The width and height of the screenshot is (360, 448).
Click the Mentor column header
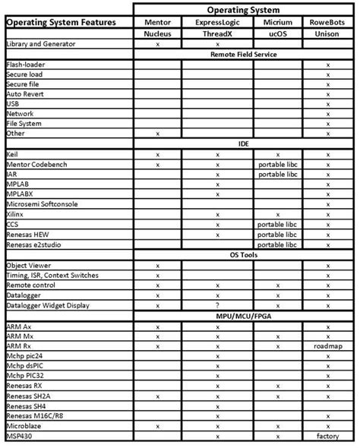pos(157,23)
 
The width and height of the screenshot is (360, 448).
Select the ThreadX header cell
pos(217,34)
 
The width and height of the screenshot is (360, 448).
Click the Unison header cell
pos(327,34)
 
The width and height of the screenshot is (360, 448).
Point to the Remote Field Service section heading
pos(244,55)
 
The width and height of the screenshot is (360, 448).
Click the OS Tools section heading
pos(244,255)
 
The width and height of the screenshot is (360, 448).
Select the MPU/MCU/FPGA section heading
pos(244,315)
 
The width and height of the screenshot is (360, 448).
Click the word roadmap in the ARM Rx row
pos(327,345)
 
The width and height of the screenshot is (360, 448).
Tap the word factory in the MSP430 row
pos(327,436)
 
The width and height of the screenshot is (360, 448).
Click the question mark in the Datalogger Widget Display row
pos(217,305)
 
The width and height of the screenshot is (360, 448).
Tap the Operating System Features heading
pos(62,23)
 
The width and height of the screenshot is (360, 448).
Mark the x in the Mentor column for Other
pos(157,134)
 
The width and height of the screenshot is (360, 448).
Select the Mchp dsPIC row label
pos(25,365)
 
